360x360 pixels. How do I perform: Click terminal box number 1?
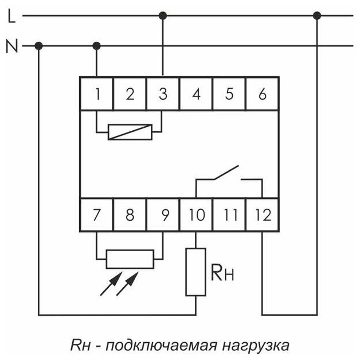click(x=96, y=93)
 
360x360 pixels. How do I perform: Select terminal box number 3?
click(x=163, y=93)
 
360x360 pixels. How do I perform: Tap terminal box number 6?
click(x=263, y=93)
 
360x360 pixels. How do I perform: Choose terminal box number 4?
click(x=196, y=93)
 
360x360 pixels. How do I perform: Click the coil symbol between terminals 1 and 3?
click(x=130, y=132)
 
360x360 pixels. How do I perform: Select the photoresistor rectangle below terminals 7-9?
click(x=130, y=259)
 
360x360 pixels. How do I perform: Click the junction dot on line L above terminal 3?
click(x=163, y=15)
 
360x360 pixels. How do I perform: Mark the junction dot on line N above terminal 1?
click(x=96, y=45)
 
